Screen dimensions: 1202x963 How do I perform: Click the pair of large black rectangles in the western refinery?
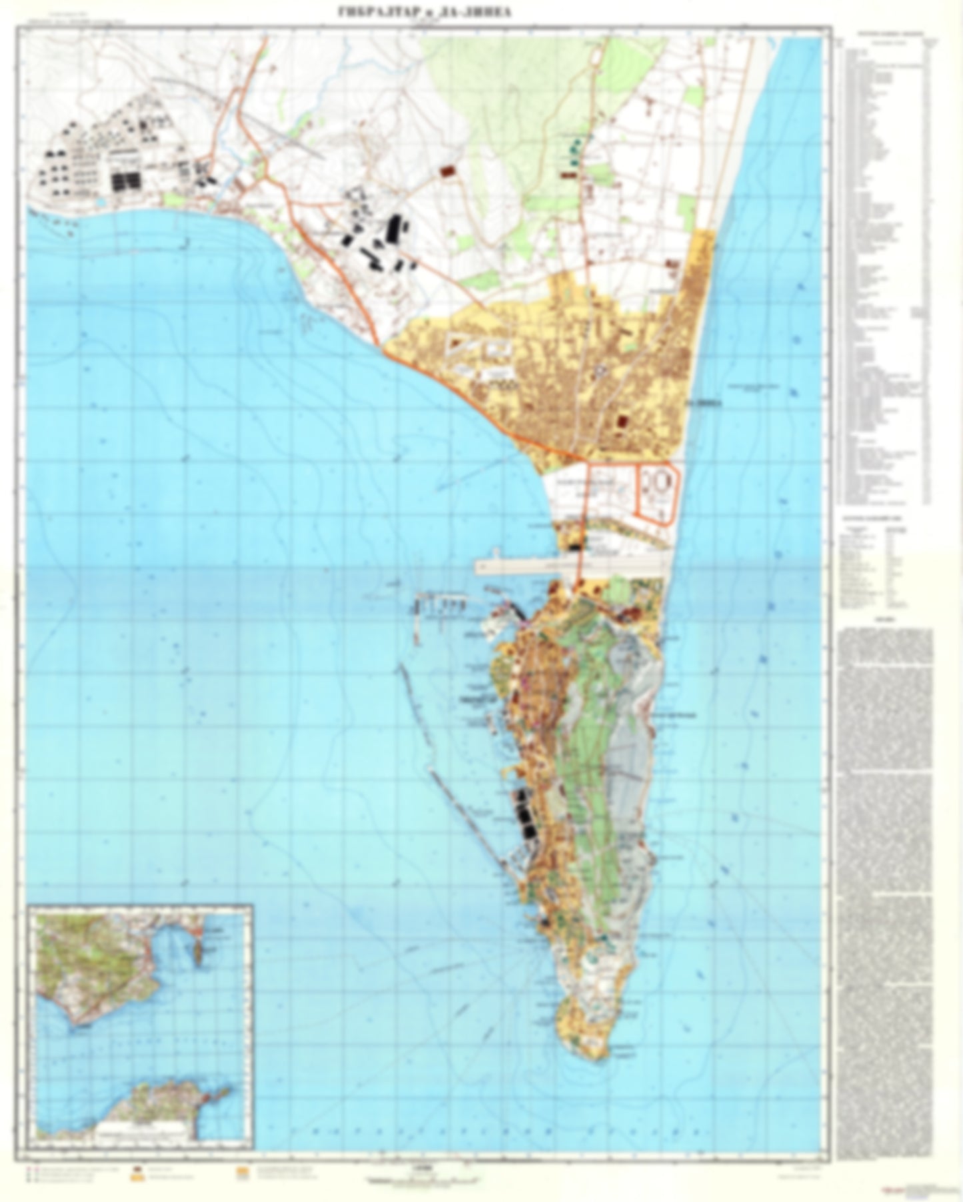pyautogui.click(x=127, y=181)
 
